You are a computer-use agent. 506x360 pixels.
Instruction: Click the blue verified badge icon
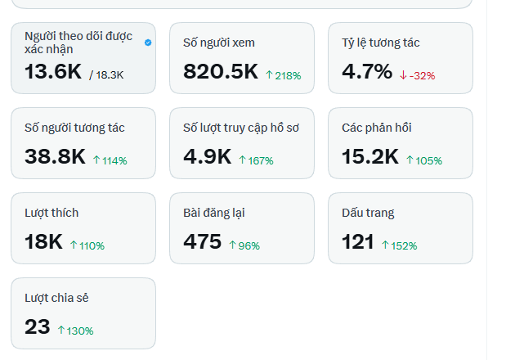click(x=148, y=43)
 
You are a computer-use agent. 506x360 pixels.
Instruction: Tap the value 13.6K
click(x=53, y=71)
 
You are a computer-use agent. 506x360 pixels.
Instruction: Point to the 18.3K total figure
click(x=106, y=75)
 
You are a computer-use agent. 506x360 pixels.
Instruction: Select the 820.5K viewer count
click(x=221, y=71)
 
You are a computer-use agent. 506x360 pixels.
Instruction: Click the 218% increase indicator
click(x=284, y=75)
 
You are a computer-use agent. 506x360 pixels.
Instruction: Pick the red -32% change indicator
click(x=417, y=75)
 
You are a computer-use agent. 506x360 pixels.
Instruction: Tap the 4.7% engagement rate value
click(x=367, y=71)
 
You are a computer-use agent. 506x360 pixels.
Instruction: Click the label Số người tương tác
click(x=74, y=128)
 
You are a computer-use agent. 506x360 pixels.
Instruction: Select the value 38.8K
click(x=56, y=156)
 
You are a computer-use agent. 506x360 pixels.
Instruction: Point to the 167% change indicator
click(x=256, y=160)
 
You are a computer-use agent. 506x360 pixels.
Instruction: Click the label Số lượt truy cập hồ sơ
click(x=241, y=128)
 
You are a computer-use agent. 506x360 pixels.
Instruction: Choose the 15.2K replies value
click(x=370, y=156)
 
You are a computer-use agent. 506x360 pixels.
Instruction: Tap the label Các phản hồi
click(x=377, y=128)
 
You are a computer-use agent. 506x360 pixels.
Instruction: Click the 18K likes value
click(x=43, y=241)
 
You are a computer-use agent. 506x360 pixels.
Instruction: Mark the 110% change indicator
click(x=87, y=245)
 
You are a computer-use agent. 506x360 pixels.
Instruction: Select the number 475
click(x=203, y=241)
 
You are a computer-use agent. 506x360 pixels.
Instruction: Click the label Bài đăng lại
click(x=214, y=213)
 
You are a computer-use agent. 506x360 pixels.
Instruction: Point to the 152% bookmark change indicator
click(x=400, y=245)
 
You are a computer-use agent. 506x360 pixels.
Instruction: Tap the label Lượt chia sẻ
click(x=56, y=298)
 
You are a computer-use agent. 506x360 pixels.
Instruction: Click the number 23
click(x=38, y=326)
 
